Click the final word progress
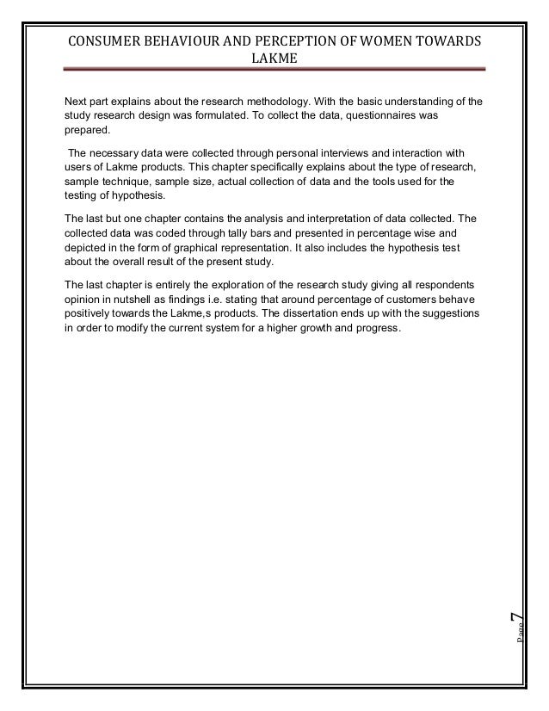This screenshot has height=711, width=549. click(376, 325)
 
